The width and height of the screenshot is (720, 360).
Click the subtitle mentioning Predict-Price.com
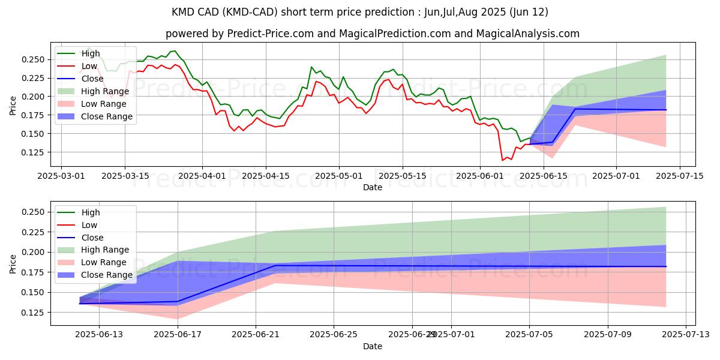point(372,34)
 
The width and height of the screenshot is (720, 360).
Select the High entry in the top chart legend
point(91,53)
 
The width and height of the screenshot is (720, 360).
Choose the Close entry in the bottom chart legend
point(92,237)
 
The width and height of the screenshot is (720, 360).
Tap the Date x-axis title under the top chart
point(372,187)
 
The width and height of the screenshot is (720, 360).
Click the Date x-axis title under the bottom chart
point(372,346)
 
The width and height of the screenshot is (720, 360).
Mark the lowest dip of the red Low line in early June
point(503,160)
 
